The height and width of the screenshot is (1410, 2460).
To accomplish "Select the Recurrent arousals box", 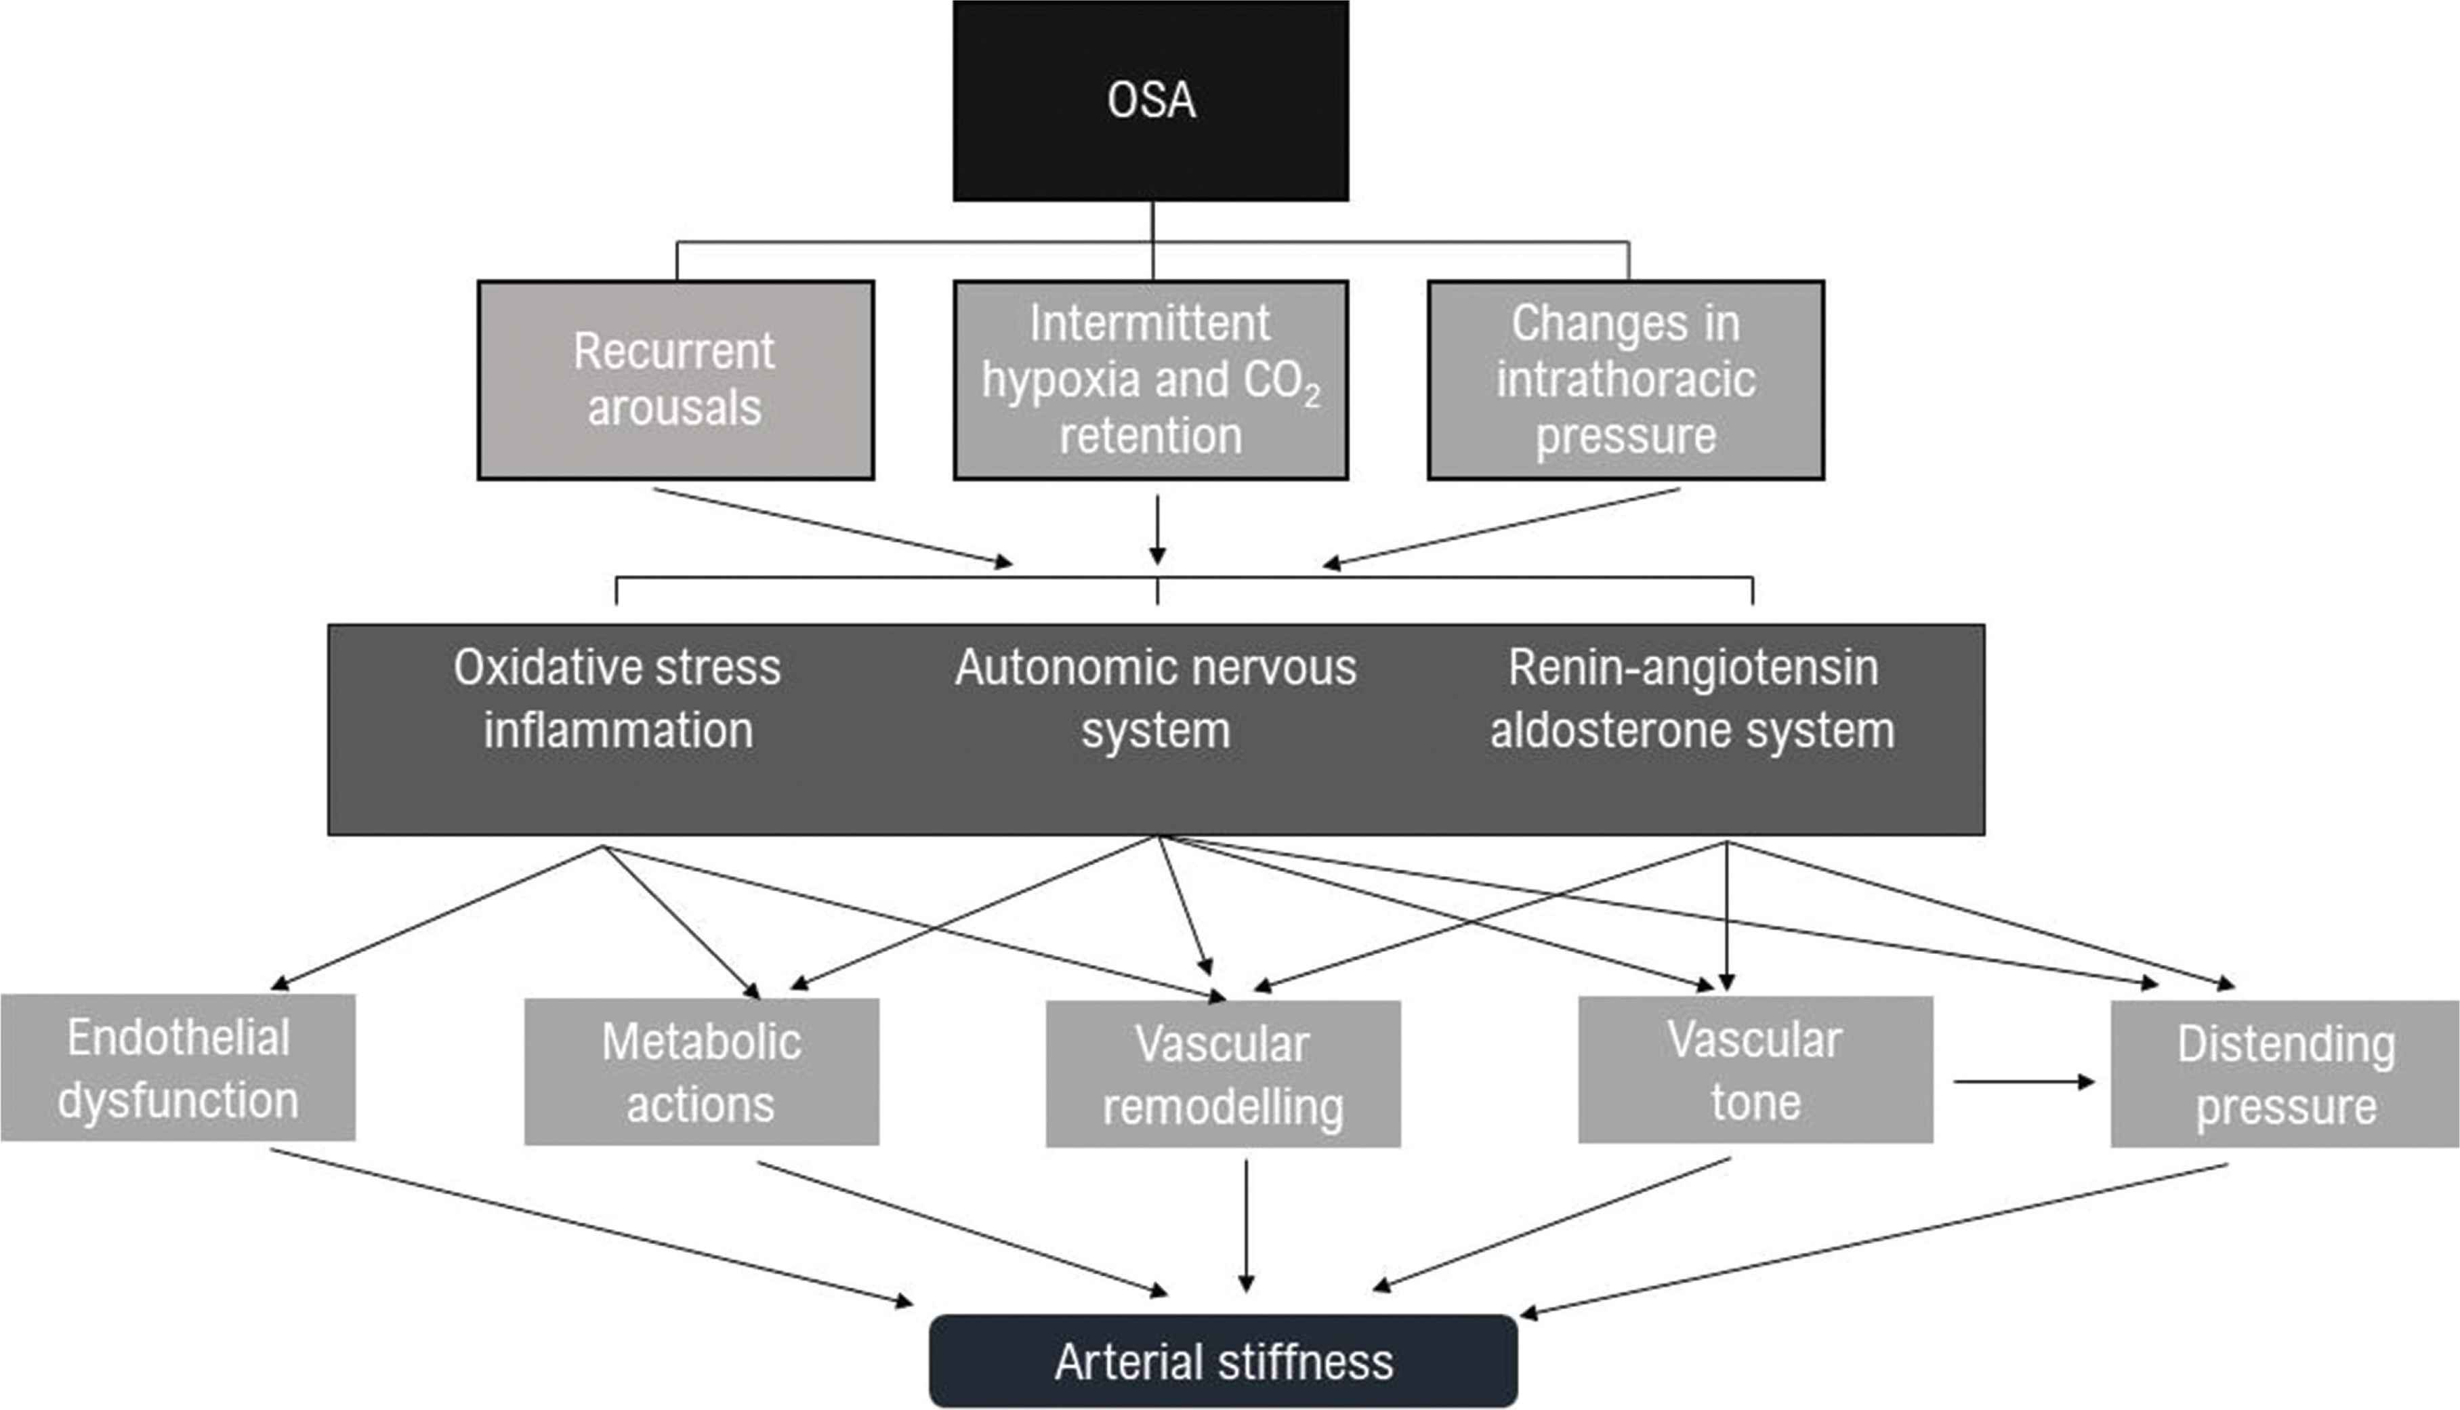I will (675, 379).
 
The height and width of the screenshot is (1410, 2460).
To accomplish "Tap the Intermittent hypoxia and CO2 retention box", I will (1150, 379).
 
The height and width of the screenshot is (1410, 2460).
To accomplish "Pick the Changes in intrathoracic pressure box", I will (1625, 379).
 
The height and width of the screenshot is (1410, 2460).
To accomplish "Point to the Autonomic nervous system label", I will (1156, 698).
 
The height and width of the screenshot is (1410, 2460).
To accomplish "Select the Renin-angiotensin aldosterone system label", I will (1692, 698).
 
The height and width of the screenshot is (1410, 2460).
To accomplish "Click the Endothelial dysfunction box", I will (178, 1068).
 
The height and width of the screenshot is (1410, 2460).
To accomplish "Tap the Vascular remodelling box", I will (1223, 1075).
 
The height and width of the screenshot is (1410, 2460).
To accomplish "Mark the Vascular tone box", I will (1755, 1070).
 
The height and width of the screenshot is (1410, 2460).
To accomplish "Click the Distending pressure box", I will (2285, 1075).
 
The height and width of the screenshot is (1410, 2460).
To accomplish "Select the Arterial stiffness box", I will (1223, 1361).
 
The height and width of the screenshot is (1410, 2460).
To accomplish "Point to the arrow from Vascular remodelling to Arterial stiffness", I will (1246, 1225).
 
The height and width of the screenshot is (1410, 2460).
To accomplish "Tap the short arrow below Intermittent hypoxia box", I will (1157, 528).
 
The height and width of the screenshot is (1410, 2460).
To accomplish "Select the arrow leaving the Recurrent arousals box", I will (833, 526).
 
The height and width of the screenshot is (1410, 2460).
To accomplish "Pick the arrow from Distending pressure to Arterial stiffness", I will (1873, 1239).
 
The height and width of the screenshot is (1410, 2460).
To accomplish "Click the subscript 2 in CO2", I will (1312, 396).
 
